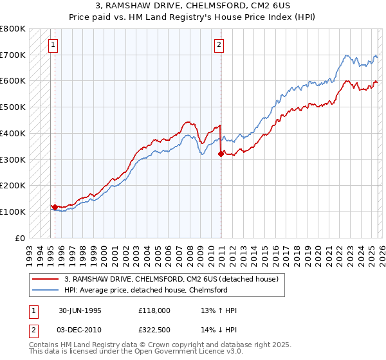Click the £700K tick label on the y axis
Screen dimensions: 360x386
click(13, 55)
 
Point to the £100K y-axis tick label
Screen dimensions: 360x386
click(13, 212)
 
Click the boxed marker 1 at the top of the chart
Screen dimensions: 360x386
click(51, 44)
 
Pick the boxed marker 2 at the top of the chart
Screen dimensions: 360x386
click(219, 44)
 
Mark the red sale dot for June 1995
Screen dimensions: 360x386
click(55, 207)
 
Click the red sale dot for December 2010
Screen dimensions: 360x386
click(221, 154)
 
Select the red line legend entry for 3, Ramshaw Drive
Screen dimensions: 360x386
click(170, 279)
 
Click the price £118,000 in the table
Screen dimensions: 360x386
click(154, 310)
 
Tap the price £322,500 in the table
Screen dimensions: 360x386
click(154, 329)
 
